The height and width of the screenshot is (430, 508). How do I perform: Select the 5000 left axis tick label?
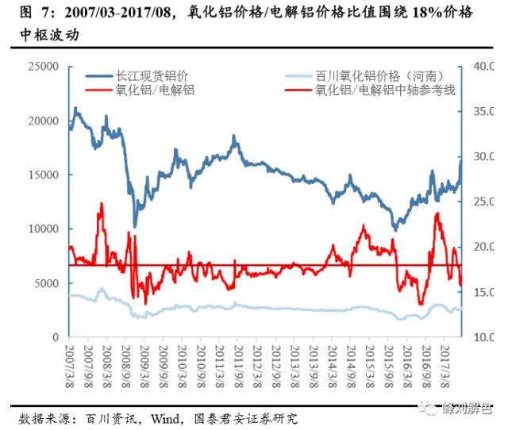(x=52, y=283)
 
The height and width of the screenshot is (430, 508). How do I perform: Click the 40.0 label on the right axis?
(x=483, y=67)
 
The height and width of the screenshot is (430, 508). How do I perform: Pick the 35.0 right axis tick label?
(x=483, y=112)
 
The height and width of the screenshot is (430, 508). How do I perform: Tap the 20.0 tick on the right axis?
(x=483, y=248)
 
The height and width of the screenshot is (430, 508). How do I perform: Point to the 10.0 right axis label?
(x=483, y=337)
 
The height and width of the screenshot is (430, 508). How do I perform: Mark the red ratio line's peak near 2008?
(x=101, y=204)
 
